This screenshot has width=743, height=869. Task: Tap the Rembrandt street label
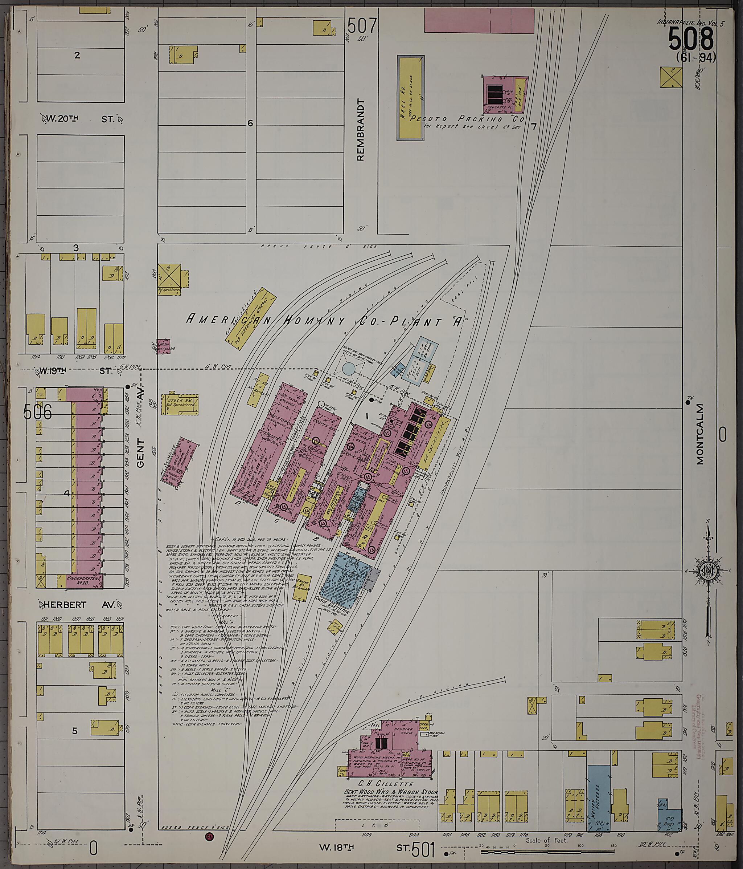(361, 130)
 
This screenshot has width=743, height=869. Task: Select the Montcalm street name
(700, 434)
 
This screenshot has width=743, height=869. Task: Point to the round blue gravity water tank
(348, 369)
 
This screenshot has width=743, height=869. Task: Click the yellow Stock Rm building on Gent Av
(179, 404)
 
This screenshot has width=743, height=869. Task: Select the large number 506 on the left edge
(38, 412)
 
